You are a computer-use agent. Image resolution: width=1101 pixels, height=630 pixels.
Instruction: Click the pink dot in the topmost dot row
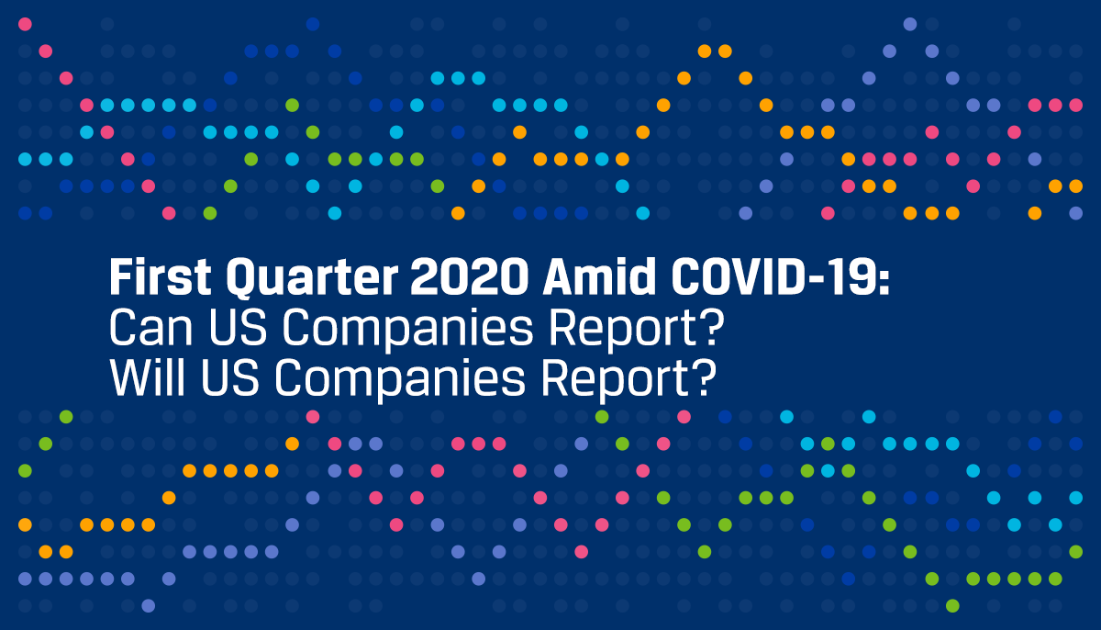pos(25,24)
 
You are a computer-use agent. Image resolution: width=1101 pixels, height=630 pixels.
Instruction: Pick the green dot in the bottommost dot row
pos(952,605)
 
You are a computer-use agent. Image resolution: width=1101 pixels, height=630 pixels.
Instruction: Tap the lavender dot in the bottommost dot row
pos(148,605)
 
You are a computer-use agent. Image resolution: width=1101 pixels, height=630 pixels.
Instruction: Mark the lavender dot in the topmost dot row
pos(910,24)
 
